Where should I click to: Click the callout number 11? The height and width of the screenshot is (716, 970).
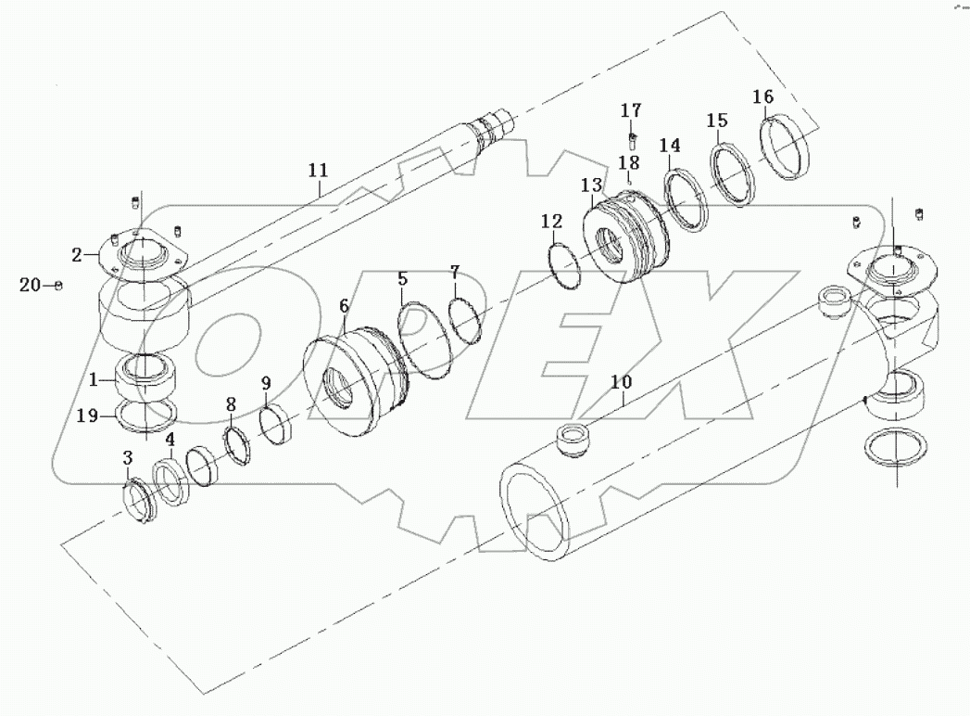click(318, 170)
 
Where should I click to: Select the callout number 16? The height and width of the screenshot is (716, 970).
click(762, 96)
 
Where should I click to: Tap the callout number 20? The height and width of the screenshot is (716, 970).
click(30, 286)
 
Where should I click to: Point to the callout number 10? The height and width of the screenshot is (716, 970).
click(621, 381)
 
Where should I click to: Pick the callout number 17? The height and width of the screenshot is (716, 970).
click(630, 110)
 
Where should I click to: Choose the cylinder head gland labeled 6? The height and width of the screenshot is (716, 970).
click(352, 383)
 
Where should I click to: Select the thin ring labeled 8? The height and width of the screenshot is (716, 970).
click(240, 446)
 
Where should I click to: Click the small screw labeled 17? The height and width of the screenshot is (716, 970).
click(631, 141)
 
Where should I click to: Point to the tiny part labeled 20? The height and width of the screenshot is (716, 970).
click(58, 286)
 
